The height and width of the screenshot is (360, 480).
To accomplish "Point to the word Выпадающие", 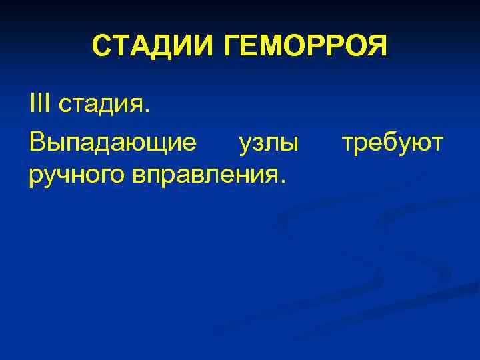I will click(113, 142).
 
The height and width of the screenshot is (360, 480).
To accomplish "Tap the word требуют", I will click(392, 143).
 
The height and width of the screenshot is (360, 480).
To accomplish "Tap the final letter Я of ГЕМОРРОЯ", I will click(375, 46).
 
